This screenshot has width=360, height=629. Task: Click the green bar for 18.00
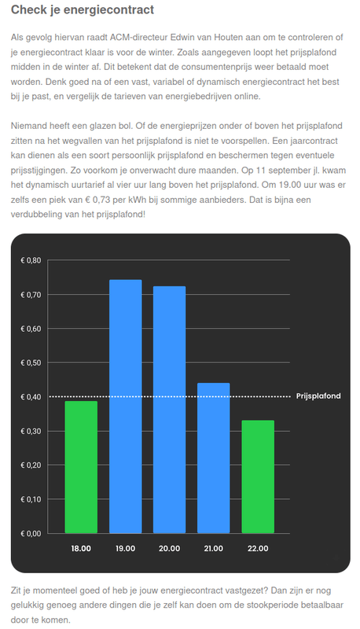[81, 466]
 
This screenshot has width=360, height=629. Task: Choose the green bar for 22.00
[258, 476]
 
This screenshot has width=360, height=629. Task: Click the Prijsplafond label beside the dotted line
[318, 396]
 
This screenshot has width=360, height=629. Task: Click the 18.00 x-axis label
[81, 549]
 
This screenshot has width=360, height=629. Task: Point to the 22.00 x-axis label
[258, 549]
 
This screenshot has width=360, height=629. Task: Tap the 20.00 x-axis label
[169, 549]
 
